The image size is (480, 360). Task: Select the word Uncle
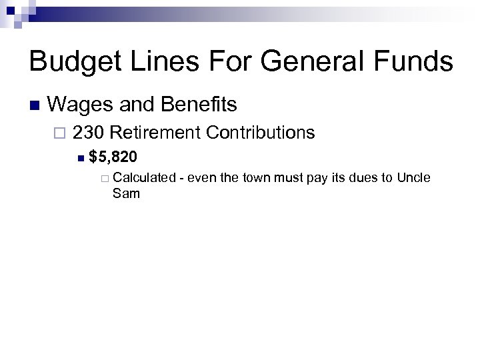[414, 178]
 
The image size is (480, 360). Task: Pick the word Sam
[126, 193]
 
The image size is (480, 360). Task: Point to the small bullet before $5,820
[80, 158]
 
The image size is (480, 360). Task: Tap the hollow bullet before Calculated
[105, 179]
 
